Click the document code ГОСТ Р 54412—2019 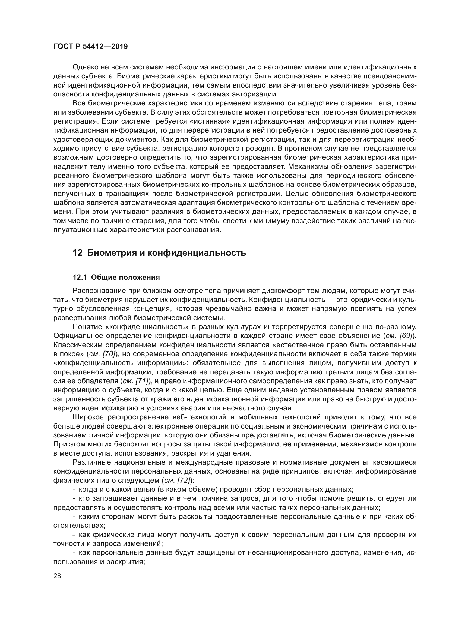(x=90, y=46)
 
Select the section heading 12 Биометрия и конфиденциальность (x=159, y=253)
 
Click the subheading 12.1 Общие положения (x=116, y=277)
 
